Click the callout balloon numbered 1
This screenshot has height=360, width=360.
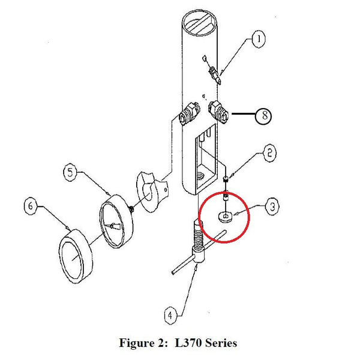click(x=257, y=40)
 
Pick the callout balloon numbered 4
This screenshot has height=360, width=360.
click(x=171, y=314)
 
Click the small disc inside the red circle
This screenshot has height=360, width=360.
click(x=224, y=217)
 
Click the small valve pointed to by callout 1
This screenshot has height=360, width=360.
click(x=212, y=73)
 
